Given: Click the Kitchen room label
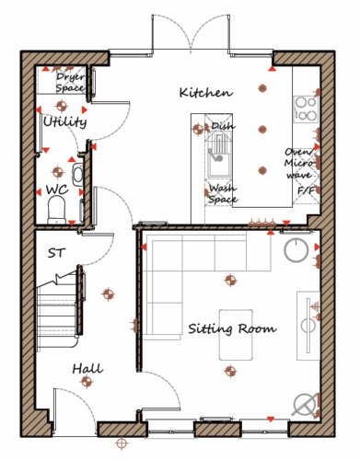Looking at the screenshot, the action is (x=206, y=92).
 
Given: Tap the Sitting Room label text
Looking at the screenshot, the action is (x=232, y=328).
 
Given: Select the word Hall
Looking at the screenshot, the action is (x=87, y=368).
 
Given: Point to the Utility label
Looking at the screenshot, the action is (x=64, y=121).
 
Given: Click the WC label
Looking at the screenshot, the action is (x=57, y=190).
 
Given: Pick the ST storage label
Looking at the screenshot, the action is (x=56, y=253).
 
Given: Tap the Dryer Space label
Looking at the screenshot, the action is (x=70, y=83).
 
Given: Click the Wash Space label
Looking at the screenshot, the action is (x=223, y=193).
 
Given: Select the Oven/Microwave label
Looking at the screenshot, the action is (x=299, y=164).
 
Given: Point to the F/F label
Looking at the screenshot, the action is (x=307, y=190).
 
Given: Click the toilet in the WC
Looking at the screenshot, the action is (x=57, y=210).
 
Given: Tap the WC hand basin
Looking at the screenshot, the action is (x=77, y=174).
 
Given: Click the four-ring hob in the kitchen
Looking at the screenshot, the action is (x=306, y=109).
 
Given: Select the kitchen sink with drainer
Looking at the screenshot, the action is (x=219, y=155).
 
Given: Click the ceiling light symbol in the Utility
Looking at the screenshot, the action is (x=62, y=106).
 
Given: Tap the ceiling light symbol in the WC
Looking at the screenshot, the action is (x=58, y=172).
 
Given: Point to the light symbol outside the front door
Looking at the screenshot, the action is (x=122, y=443).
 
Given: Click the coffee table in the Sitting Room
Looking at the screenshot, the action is (x=236, y=335).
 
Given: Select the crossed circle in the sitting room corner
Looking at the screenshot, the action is (x=305, y=405).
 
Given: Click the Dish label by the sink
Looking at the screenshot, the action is (x=223, y=126).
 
